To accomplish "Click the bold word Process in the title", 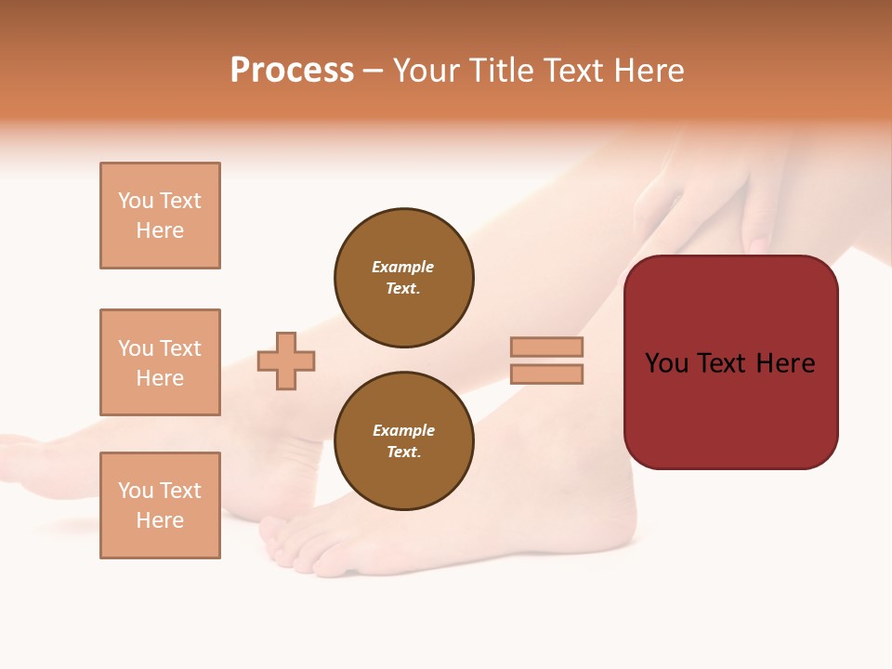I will (292, 71).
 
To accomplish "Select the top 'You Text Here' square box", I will (160, 216).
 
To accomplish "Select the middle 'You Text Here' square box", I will (160, 362).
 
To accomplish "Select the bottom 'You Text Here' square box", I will (160, 505).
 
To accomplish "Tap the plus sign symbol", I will (286, 361).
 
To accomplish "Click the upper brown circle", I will (403, 278).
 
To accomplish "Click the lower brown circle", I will (403, 441).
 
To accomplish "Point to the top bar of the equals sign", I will (546, 348).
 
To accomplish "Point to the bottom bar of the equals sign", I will (546, 374).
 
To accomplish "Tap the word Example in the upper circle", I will (403, 268).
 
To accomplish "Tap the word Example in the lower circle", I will (403, 431).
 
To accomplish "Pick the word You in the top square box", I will (135, 201).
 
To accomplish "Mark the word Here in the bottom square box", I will (160, 520).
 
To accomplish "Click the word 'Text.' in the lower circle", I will (403, 453).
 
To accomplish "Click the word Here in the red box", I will (785, 363).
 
